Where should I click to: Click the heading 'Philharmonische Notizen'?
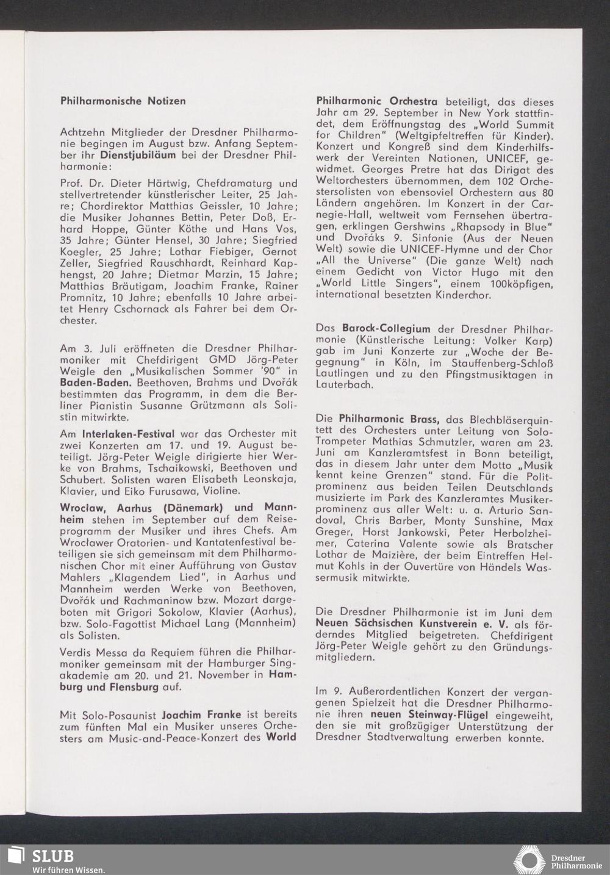tap(123, 101)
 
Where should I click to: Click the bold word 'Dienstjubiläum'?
tap(138, 154)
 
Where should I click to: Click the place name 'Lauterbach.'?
tap(342, 386)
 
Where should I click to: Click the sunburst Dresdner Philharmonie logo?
tap(529, 860)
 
